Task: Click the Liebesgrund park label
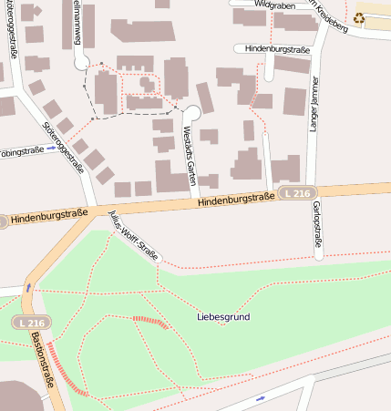223,317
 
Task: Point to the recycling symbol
359,16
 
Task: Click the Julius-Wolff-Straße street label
133,235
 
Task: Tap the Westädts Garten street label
190,156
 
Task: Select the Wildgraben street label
275,5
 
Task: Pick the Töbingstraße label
21,152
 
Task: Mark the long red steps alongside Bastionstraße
65,370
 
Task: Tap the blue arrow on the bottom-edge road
262,398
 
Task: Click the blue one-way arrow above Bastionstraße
28,287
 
